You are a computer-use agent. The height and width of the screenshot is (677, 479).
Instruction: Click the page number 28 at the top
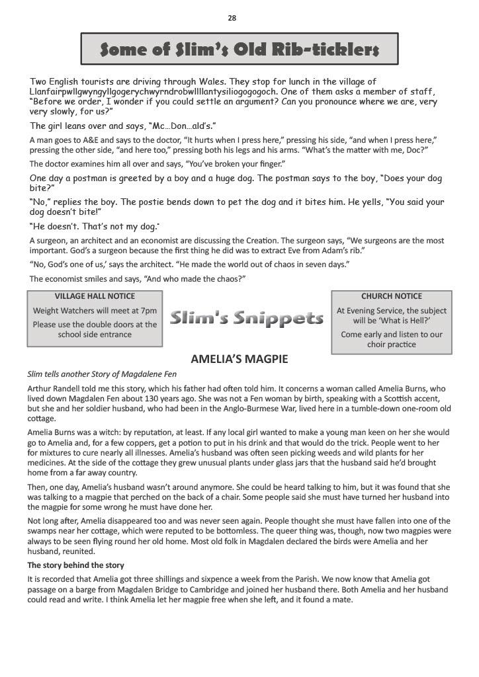[x=232, y=18]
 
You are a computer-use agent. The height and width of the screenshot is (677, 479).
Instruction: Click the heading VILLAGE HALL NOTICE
[x=95, y=296]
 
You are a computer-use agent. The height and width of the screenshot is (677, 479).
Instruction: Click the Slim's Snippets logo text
[x=246, y=319]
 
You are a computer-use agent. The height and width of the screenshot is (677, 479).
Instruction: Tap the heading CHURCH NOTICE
[x=391, y=296]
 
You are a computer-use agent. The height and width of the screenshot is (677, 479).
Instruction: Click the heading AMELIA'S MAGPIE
[x=239, y=360]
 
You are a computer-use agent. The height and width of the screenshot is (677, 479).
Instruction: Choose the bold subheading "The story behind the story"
[x=75, y=565]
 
